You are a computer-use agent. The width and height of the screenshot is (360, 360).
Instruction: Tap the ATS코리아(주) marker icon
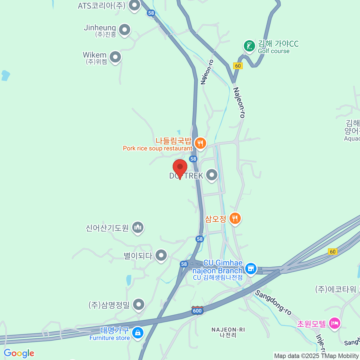tap(134, 5)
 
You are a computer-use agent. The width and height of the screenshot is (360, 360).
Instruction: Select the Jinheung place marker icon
tap(124, 30)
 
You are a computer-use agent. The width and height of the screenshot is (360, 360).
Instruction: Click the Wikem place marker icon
tap(115, 57)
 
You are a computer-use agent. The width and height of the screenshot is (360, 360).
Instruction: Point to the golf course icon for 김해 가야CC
tap(249, 46)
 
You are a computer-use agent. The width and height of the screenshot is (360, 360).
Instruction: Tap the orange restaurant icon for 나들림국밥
tap(200, 143)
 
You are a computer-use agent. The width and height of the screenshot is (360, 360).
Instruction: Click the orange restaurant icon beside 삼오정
tap(235, 218)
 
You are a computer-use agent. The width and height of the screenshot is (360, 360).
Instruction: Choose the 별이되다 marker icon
tap(161, 255)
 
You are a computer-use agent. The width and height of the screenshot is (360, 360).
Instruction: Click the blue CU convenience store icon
tap(250, 268)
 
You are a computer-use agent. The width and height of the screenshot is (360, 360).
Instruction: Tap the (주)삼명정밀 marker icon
tap(139, 305)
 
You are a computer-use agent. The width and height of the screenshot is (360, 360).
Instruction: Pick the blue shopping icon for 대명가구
tap(138, 333)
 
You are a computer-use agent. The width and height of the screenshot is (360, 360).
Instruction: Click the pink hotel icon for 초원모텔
tap(335, 323)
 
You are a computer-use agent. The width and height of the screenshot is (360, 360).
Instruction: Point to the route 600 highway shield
tap(197, 310)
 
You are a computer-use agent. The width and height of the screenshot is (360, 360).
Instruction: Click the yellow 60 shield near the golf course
tap(238, 66)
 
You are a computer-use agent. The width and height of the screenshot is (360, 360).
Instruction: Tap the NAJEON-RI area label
tap(228, 330)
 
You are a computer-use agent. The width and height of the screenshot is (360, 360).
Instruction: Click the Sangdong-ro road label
tap(273, 303)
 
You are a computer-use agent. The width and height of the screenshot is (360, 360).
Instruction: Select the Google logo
tap(19, 353)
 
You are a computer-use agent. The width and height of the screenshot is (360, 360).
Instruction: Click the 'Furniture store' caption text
tap(109, 338)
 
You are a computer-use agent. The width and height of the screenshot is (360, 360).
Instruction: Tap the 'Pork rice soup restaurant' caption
tap(157, 148)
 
